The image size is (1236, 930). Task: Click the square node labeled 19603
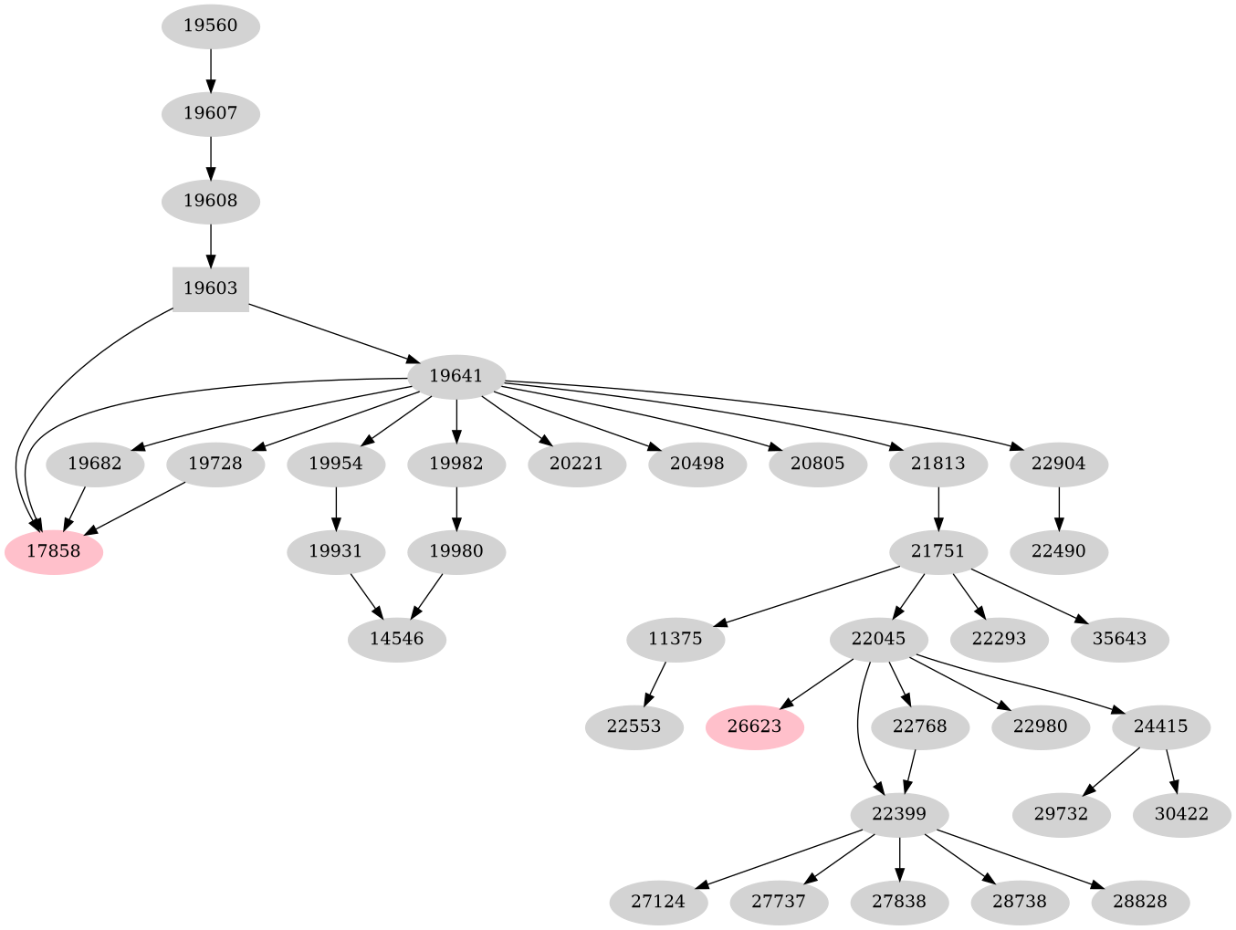pyautogui.click(x=211, y=288)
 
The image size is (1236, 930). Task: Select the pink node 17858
pyautogui.click(x=53, y=551)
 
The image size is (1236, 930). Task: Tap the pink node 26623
pyautogui.click(x=755, y=727)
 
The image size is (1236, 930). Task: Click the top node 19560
pyautogui.click(x=211, y=26)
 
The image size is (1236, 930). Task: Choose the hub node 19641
pyautogui.click(x=456, y=375)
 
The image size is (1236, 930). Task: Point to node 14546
pyautogui.click(x=397, y=639)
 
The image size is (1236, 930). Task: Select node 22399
pyautogui.click(x=900, y=813)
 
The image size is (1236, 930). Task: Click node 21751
pyautogui.click(x=939, y=551)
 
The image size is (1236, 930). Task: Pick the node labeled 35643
pyautogui.click(x=1119, y=639)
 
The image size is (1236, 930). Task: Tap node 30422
pyautogui.click(x=1181, y=813)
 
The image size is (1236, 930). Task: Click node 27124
pyautogui.click(x=659, y=902)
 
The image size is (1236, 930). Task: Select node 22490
pyautogui.click(x=1059, y=551)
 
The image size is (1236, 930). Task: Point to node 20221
pyautogui.click(x=577, y=464)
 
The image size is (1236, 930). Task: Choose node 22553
pyautogui.click(x=634, y=727)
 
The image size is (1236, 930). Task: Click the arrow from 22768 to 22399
pyautogui.click(x=911, y=771)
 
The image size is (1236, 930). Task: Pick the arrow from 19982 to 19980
pyautogui.click(x=456, y=507)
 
